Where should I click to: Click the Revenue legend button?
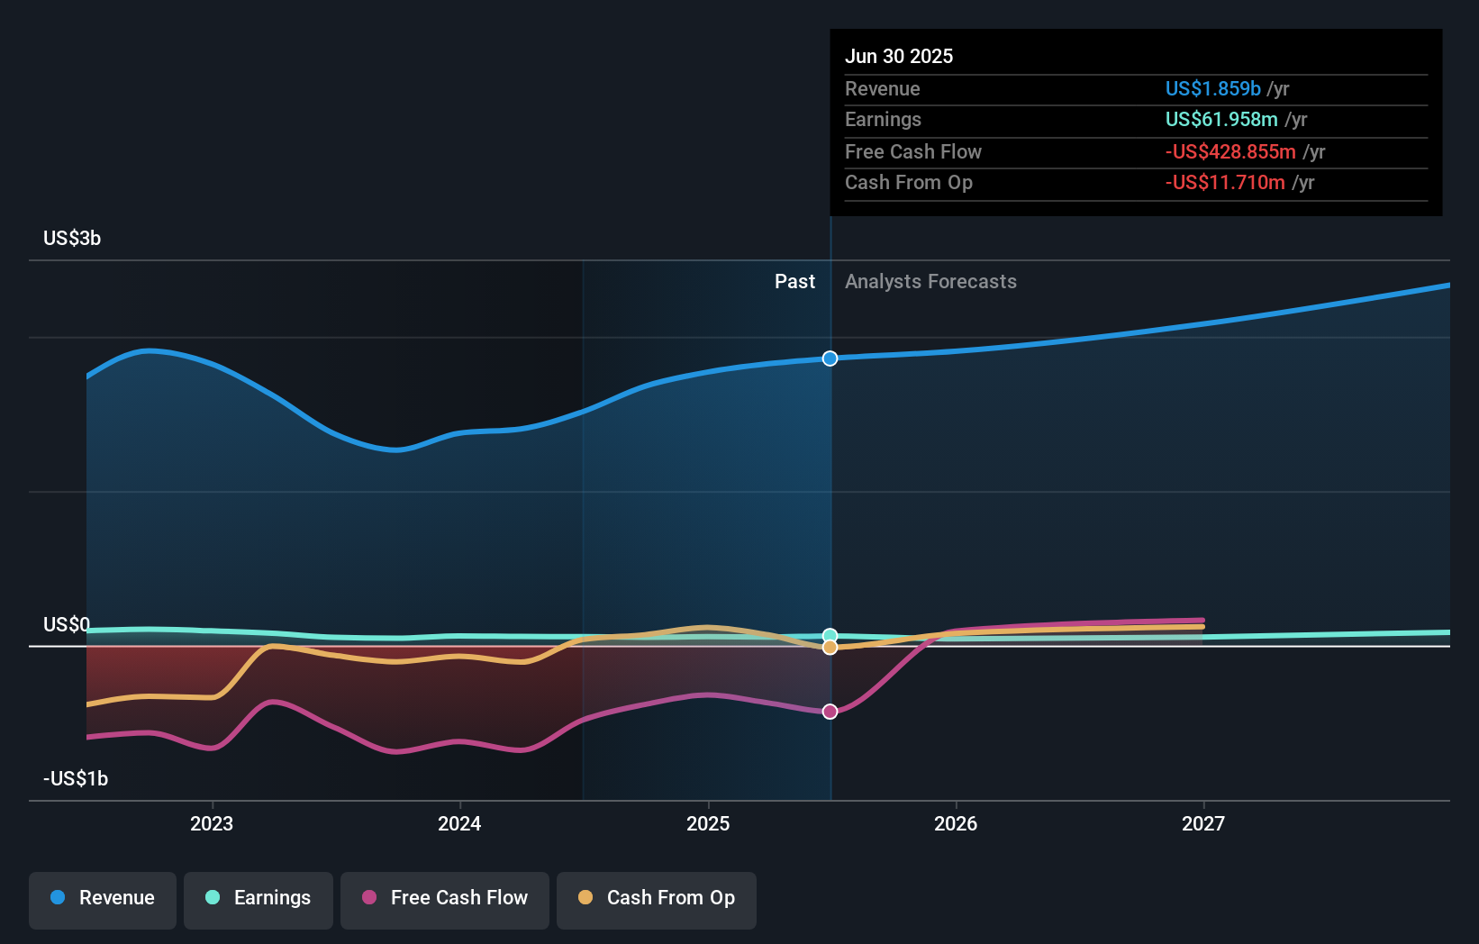point(103,898)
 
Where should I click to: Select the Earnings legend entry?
point(259,898)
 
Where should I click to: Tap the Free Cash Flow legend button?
point(445,898)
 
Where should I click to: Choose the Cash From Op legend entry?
point(657,898)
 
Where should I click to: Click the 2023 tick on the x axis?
point(212,823)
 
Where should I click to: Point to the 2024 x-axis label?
point(459,823)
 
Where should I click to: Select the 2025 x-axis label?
point(708,823)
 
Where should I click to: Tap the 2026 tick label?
point(956,823)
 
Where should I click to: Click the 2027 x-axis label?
point(1203,823)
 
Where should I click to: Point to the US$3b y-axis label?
point(72,239)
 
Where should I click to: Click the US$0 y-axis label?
point(67,624)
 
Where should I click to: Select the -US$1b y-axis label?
point(76,779)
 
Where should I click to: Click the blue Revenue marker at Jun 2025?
point(830,359)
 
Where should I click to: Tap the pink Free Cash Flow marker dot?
point(830,712)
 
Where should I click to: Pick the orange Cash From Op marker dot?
point(830,648)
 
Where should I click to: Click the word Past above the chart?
point(794,282)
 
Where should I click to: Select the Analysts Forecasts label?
point(930,282)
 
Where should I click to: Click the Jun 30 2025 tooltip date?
point(899,56)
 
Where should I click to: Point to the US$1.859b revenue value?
point(1212,88)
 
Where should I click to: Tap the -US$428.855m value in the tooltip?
point(1230,151)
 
